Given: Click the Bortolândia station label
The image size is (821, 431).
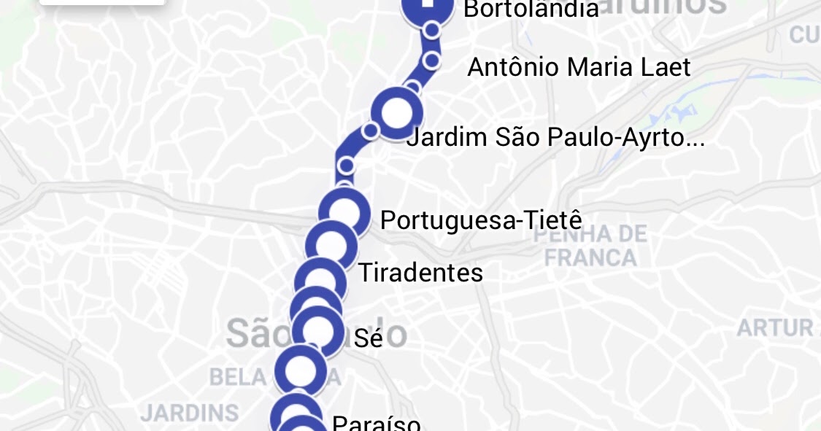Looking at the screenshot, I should click(531, 9).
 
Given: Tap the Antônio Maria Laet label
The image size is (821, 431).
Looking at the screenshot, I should click(578, 68).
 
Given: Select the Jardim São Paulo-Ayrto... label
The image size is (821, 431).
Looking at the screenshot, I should click(555, 137).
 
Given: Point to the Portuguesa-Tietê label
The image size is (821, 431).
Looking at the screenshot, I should click(481, 220).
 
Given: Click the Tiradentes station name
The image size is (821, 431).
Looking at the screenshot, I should click(420, 273).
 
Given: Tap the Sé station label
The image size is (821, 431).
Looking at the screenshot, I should click(368, 338).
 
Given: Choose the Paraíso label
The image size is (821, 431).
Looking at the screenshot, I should click(376, 423).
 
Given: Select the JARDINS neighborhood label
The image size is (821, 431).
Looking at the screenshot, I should click(190, 413).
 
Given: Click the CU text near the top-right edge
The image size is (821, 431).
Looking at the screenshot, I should click(804, 34).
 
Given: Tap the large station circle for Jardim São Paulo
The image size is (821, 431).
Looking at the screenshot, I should click(397, 113).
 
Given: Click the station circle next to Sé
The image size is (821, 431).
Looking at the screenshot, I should click(317, 332).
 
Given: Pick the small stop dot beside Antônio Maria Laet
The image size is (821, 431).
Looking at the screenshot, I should click(431, 61).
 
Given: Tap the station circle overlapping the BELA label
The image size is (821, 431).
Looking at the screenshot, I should click(300, 371).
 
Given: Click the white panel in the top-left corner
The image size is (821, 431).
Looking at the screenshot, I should click(102, 2).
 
